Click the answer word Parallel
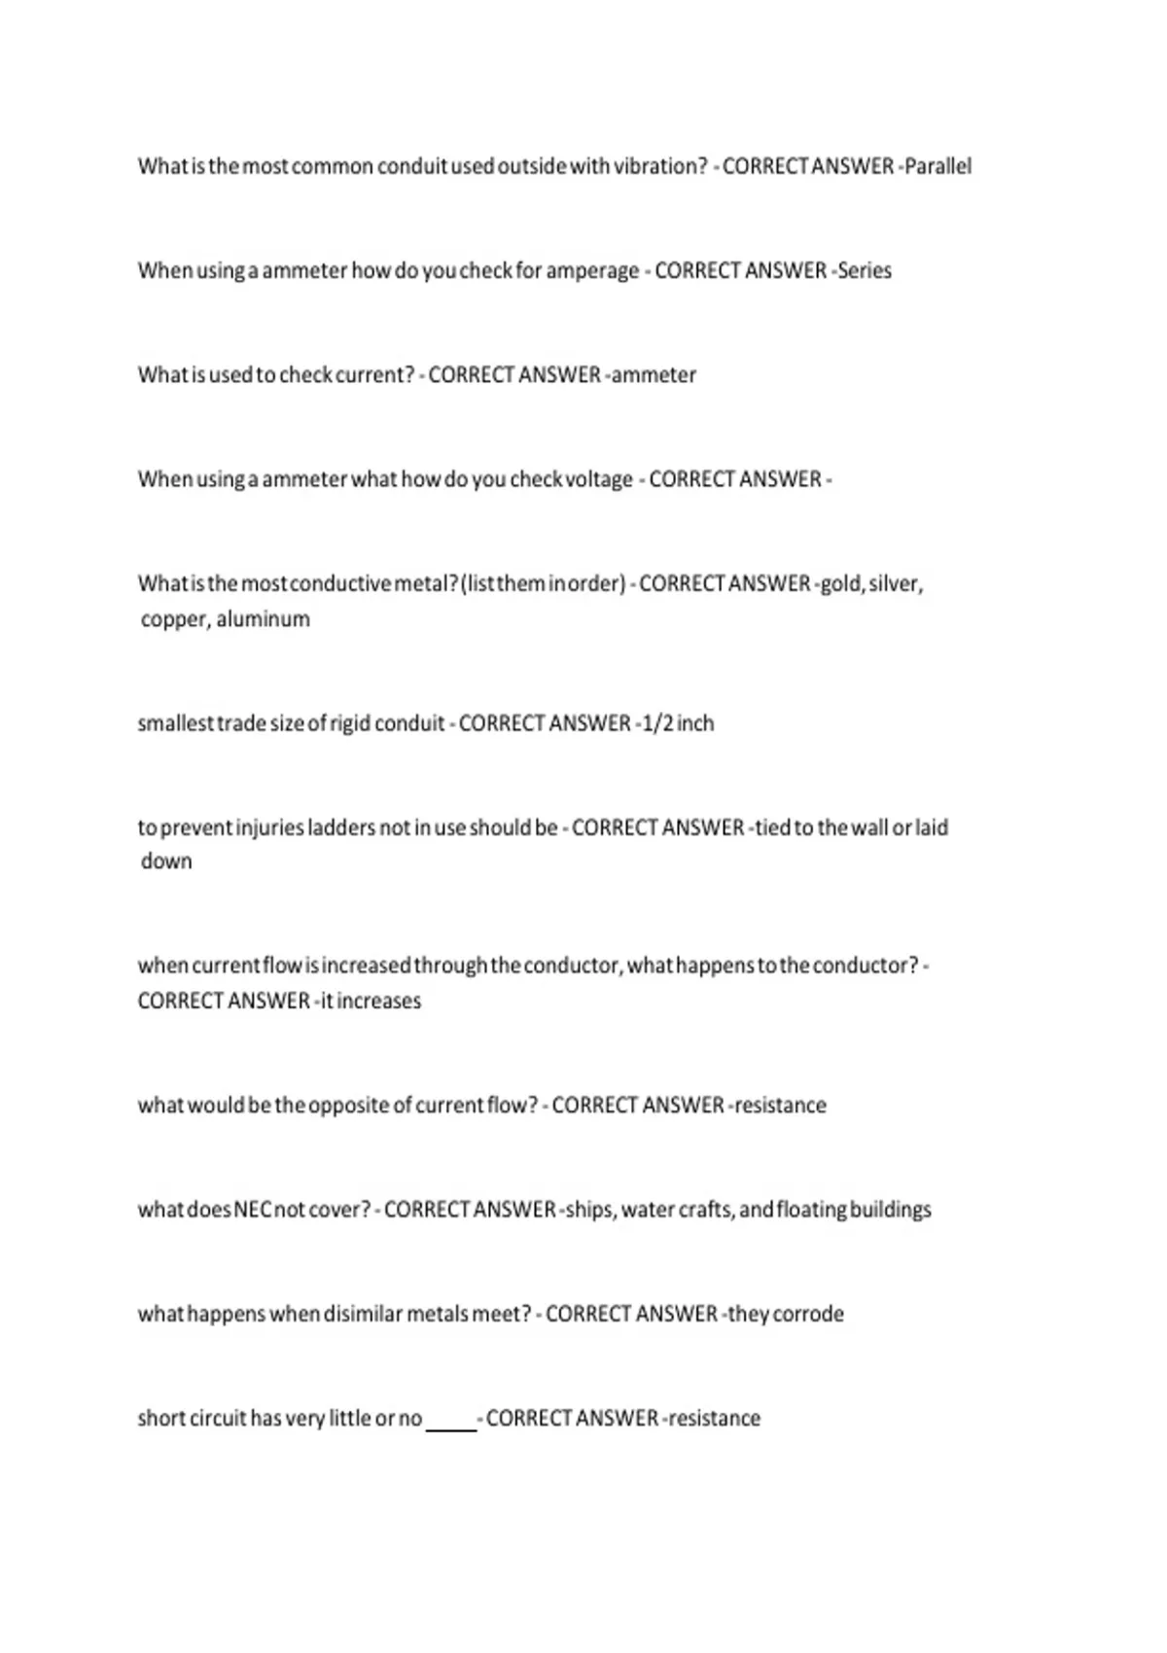pos(937,166)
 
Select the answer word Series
pos(865,270)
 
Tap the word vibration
pos(660,166)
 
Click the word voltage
pos(599,479)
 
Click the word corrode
pos(808,1315)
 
